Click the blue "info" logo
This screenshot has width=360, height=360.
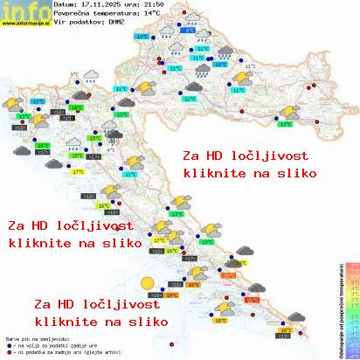tap(24, 10)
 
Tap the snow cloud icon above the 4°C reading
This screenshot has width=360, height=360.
tap(115, 136)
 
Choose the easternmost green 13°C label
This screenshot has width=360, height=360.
tap(286, 124)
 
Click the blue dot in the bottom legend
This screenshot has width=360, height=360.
tap(8, 347)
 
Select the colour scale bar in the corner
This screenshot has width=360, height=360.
tap(350, 306)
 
